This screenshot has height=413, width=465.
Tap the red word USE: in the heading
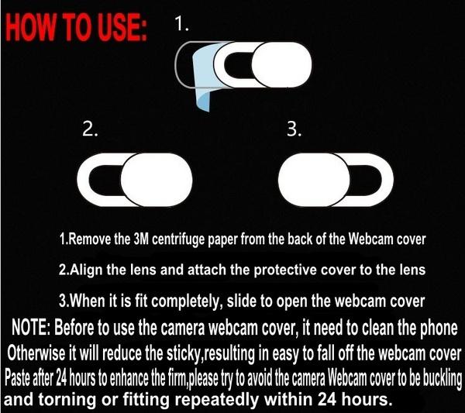click(122, 28)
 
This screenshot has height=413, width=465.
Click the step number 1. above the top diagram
click(182, 23)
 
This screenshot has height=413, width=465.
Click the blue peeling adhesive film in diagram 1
click(204, 74)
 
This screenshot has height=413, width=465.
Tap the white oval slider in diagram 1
click(281, 64)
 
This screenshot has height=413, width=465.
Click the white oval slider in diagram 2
click(157, 180)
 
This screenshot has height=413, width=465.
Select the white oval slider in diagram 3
click(315, 180)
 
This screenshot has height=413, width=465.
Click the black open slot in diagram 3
click(366, 180)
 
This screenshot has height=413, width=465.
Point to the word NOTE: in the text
click(31, 328)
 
